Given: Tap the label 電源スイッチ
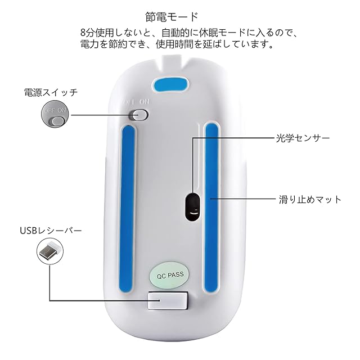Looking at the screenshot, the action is tap(50, 92).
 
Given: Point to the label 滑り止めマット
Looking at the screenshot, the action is tap(310, 199).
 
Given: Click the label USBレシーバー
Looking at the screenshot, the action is tap(51, 230).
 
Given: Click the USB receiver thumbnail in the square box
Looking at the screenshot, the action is tap(50, 251).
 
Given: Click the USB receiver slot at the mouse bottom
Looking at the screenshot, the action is tap(168, 301).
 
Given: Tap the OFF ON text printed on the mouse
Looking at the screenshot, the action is tap(136, 102).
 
